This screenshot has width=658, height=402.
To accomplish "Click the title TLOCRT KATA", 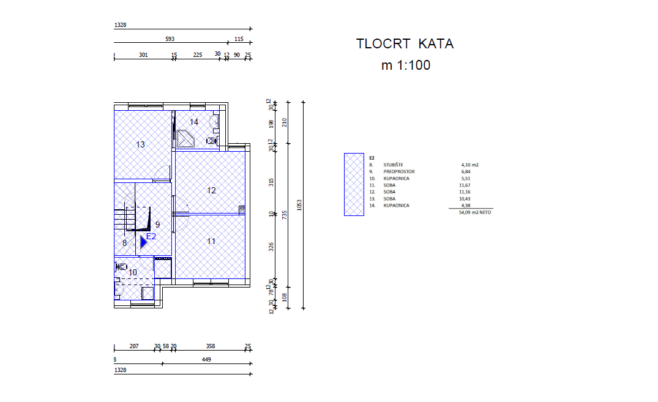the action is (x=405, y=43).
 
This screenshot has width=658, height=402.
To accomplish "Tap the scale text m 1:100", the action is (x=406, y=65).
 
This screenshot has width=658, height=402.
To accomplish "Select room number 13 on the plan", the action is (x=140, y=145).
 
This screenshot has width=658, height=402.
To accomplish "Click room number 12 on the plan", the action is (x=211, y=190).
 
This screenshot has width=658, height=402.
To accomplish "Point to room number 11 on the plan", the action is (x=211, y=241).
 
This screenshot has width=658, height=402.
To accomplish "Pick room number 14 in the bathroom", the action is (x=193, y=122).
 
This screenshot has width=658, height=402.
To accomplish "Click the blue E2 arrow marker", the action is (x=143, y=242).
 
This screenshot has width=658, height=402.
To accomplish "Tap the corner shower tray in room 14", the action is (x=185, y=139).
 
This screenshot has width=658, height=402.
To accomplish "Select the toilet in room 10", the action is (x=122, y=266).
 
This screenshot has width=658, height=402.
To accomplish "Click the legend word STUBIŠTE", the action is (x=393, y=165).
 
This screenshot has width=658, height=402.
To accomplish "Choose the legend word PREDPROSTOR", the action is (x=398, y=171).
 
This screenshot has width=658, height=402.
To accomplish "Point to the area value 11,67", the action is (x=465, y=185).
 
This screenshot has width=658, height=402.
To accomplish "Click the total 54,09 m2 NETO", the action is (x=474, y=212).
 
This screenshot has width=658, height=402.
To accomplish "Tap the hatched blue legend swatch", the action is (x=354, y=184).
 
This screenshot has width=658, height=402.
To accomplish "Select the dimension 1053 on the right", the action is (x=299, y=205).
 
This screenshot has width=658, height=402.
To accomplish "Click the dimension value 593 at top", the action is (x=170, y=39).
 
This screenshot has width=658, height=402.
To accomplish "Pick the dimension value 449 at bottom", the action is (x=206, y=360).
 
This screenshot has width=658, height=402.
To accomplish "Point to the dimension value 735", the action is (x=285, y=215).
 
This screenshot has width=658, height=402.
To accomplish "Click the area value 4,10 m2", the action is (x=469, y=165).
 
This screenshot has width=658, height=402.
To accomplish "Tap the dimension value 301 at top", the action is (x=143, y=55).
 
